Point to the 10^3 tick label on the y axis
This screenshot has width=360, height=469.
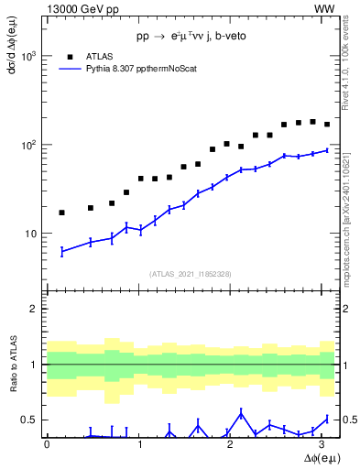(x=28, y=56)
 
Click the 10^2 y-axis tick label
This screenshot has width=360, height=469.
(x=28, y=145)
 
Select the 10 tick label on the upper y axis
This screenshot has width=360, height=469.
(x=31, y=234)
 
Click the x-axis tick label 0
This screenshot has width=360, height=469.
(x=47, y=445)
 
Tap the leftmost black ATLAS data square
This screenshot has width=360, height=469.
(x=61, y=213)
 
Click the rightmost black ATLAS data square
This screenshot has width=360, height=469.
(x=327, y=125)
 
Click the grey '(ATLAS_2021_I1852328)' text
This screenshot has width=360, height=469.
(x=191, y=274)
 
